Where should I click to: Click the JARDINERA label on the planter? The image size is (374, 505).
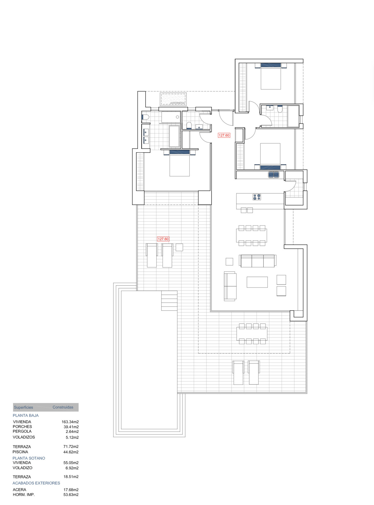point(177,103)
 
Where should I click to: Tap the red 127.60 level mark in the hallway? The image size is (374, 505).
point(224,135)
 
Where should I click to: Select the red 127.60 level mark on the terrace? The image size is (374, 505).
point(163,239)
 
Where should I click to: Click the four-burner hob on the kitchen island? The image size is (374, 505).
point(257,197)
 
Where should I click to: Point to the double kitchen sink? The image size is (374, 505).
point(273,174)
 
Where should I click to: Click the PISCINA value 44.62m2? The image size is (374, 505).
point(71,452)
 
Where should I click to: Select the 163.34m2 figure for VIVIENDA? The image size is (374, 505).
point(70,422)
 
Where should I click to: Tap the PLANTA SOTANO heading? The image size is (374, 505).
point(29,458)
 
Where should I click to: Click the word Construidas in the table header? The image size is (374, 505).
point(63,407)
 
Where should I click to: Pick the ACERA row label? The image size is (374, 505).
point(19,490)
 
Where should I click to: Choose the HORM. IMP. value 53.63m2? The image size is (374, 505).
point(71,495)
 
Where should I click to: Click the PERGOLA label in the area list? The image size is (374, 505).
point(22,431)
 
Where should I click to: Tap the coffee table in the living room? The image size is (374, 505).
point(257,282)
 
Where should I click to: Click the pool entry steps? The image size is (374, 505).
point(169,301)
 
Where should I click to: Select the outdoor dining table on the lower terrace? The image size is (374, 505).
point(252,334)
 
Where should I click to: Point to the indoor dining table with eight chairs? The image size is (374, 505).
point(252,235)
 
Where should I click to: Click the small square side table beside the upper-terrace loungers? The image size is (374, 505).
point(179,247)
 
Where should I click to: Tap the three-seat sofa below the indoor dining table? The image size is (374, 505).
point(258,261)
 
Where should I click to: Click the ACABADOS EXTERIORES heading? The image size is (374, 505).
point(36,483)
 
